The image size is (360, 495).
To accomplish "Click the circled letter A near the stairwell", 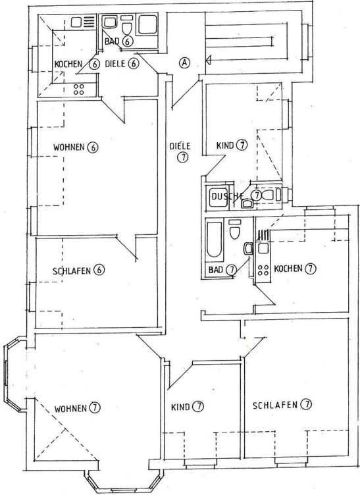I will coord(185,63).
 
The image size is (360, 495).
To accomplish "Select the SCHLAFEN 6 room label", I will coord(79,270).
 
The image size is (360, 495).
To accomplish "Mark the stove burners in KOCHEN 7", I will coord(263,269).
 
